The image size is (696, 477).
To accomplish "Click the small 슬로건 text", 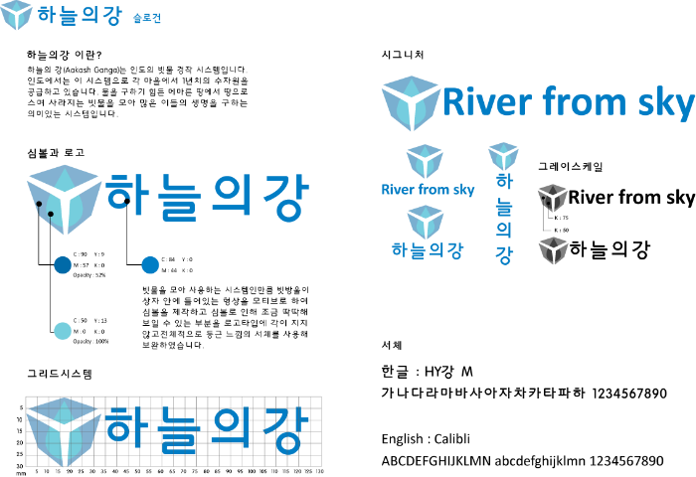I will pyautogui.click(x=146, y=18).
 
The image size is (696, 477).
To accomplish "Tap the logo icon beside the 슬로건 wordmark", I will pyautogui.click(x=16, y=15).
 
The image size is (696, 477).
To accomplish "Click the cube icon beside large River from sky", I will pyautogui.click(x=410, y=101).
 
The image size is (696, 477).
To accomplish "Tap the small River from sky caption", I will pyautogui.click(x=428, y=189).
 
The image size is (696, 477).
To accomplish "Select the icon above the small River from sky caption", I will pyautogui.click(x=425, y=160).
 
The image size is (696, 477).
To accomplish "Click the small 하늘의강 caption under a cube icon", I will pyautogui.click(x=428, y=249).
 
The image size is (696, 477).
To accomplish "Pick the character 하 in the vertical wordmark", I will pyautogui.click(x=504, y=181).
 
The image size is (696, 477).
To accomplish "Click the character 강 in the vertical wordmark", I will pyautogui.click(x=504, y=255).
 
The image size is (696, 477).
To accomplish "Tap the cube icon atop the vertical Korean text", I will pyautogui.click(x=503, y=155).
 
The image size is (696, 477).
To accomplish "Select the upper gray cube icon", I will pyautogui.click(x=552, y=198).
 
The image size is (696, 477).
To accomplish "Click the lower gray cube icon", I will pyautogui.click(x=553, y=249).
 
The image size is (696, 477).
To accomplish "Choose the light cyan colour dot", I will pyautogui.click(x=63, y=331).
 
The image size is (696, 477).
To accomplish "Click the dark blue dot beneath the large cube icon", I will pyautogui.click(x=63, y=265).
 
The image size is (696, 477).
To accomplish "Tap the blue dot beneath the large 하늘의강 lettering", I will pyautogui.click(x=150, y=265).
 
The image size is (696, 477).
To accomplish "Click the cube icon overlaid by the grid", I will pyautogui.click(x=64, y=429).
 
